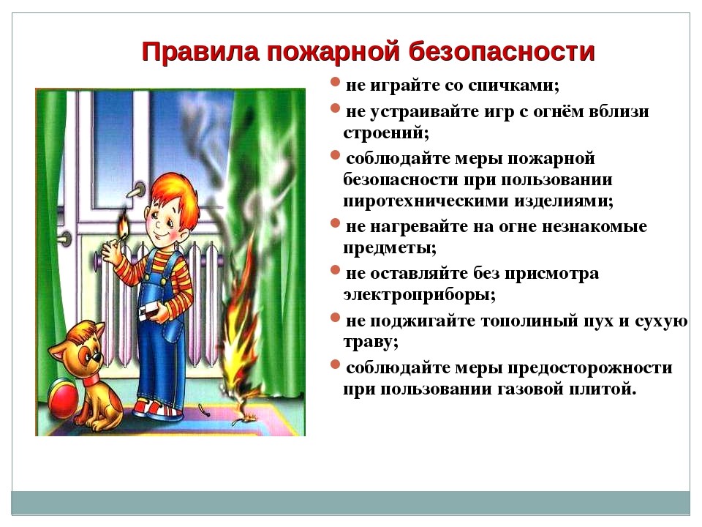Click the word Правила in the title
[200, 51]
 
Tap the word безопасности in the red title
[502, 51]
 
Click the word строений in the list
[386, 132]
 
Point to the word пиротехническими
[425, 201]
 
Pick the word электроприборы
[419, 295]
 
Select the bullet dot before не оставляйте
[335, 270]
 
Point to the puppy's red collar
[93, 379]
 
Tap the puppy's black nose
[96, 357]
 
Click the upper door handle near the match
[135, 192]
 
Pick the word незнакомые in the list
[594, 227]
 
